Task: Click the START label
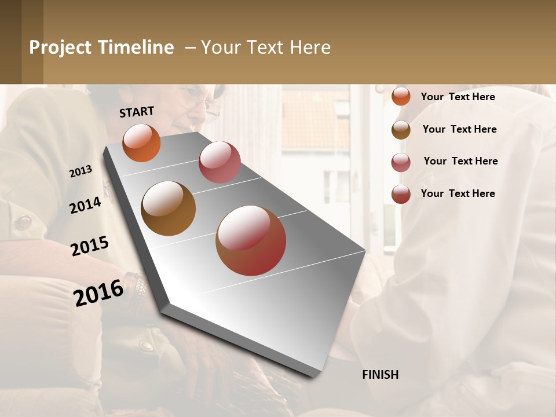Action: click(x=137, y=112)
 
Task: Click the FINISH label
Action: click(x=380, y=375)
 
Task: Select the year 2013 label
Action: click(x=81, y=171)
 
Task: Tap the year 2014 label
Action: click(x=85, y=205)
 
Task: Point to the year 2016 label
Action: click(x=98, y=292)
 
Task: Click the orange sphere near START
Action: click(x=141, y=143)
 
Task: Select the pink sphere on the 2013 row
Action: click(x=220, y=162)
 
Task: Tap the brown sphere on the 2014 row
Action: click(x=168, y=209)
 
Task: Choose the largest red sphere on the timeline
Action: click(x=251, y=240)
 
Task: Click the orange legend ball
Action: click(x=401, y=96)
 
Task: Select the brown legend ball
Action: click(x=401, y=129)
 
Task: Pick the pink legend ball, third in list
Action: click(x=401, y=162)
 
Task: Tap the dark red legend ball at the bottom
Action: click(x=401, y=194)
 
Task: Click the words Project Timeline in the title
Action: click(x=101, y=47)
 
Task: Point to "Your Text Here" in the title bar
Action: click(x=266, y=47)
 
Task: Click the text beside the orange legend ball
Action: click(x=458, y=97)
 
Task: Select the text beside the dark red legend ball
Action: click(x=458, y=193)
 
